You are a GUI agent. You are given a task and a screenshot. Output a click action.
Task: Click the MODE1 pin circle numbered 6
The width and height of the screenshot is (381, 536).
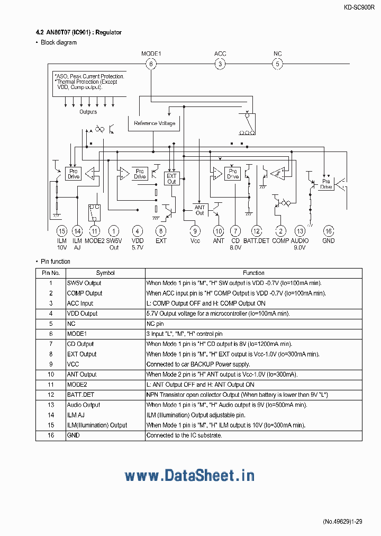(x=151, y=64)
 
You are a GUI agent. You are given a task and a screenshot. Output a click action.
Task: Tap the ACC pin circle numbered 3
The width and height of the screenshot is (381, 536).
(x=220, y=64)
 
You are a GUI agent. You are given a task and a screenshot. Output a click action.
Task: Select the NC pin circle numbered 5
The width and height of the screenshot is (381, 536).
(x=277, y=64)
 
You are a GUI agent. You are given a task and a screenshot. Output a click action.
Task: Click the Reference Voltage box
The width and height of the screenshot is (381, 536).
(x=154, y=123)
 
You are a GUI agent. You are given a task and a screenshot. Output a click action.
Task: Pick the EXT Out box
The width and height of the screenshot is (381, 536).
(x=171, y=178)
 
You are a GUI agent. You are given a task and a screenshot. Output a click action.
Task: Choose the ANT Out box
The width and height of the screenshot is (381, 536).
(x=199, y=210)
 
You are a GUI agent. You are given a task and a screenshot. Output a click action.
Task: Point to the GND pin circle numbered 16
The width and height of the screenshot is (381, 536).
(x=328, y=231)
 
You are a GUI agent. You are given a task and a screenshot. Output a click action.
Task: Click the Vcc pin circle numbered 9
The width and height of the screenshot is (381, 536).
(x=195, y=231)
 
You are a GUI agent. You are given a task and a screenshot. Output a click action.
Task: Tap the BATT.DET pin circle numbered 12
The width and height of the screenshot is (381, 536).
(x=256, y=231)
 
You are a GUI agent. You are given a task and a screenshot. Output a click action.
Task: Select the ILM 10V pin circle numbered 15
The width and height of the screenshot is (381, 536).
(x=62, y=231)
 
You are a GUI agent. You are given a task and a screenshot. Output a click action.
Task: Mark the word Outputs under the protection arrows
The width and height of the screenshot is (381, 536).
(x=88, y=112)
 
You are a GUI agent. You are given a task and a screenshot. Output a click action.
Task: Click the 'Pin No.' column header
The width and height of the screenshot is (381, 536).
(x=51, y=273)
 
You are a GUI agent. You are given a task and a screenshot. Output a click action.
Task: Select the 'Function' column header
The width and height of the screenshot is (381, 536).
(x=253, y=273)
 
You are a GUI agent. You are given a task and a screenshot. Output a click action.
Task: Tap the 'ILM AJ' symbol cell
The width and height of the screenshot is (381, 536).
(x=76, y=415)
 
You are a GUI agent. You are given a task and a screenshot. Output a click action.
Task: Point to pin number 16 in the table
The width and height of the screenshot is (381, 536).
(x=51, y=435)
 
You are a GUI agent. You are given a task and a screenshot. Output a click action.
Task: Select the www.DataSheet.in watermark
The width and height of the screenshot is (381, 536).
(x=189, y=476)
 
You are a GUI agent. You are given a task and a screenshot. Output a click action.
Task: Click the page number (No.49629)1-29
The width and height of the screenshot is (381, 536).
(x=342, y=522)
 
